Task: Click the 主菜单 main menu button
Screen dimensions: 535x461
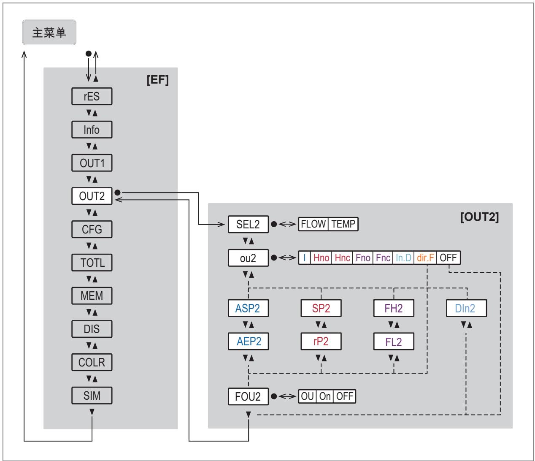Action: pos(49,33)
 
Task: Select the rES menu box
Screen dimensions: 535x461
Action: pos(92,96)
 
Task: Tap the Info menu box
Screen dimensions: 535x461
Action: pos(92,130)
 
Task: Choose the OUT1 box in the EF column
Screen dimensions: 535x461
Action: pos(92,163)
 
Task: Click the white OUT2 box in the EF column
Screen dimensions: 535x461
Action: pos(92,196)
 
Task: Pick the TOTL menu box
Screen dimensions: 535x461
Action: pos(92,263)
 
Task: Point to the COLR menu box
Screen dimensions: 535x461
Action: pos(92,362)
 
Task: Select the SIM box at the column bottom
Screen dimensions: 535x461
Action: pos(92,396)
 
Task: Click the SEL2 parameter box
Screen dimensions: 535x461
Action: pos(248,224)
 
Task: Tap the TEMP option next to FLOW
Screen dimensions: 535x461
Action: pos(343,224)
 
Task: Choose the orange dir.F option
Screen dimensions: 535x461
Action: pos(425,258)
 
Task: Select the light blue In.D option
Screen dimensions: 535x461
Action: pos(403,258)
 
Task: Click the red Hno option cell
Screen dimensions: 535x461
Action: pos(321,258)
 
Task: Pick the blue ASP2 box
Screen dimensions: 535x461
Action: pos(248,308)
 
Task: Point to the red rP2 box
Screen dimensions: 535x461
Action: pos(321,342)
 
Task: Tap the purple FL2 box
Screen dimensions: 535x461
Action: pos(394,342)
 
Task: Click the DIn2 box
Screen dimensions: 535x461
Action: pos(466,308)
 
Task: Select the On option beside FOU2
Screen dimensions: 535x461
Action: pos(325,396)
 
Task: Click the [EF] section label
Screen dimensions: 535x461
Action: pos(158,80)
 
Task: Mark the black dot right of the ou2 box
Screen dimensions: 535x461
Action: pos(274,258)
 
